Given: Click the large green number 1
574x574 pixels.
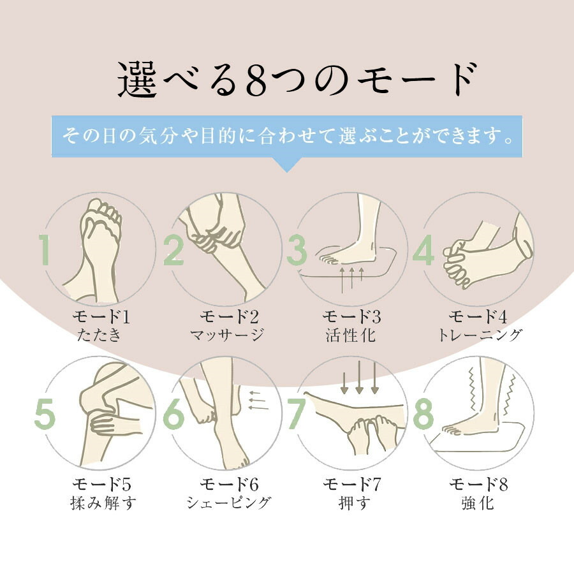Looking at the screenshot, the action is (x=45, y=249).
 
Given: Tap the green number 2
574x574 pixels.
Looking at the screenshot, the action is (x=173, y=249).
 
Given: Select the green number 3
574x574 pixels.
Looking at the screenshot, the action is (x=297, y=249).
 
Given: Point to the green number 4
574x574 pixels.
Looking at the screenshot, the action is (x=423, y=249).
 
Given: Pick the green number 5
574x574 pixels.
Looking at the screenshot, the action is (x=45, y=414).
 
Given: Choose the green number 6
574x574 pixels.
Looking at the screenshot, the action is (x=173, y=414).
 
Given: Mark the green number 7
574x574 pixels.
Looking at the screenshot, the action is (x=297, y=414).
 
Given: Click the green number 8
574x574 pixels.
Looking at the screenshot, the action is (x=423, y=414).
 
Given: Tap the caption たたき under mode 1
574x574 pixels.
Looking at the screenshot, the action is (x=99, y=335).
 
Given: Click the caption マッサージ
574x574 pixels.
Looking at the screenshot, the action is (x=227, y=335).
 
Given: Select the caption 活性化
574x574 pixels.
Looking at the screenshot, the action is (x=351, y=335).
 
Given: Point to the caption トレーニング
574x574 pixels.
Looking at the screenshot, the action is (x=480, y=335).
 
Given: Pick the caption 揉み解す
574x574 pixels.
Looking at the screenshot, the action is (x=103, y=503).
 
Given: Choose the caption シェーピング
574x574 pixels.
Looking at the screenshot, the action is (x=229, y=503).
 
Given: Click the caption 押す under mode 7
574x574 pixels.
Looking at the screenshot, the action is (x=354, y=503).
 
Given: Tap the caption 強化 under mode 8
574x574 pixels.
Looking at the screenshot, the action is (x=478, y=503).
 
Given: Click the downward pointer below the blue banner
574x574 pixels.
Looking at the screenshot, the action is (x=287, y=165).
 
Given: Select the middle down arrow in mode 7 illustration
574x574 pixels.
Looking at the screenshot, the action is (x=359, y=377).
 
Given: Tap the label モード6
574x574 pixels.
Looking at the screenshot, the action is (x=229, y=484).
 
